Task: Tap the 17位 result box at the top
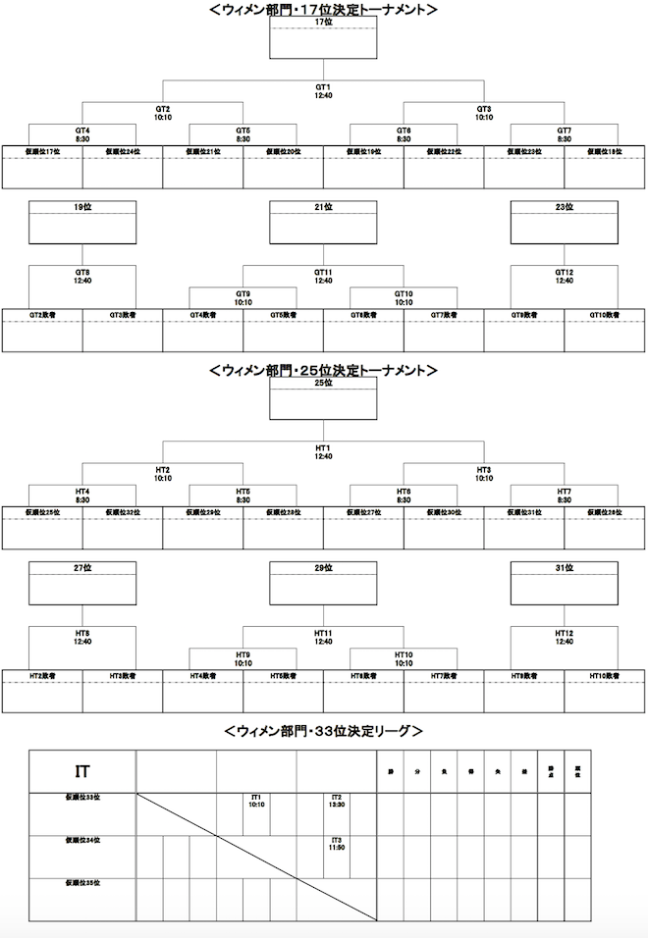click(323, 37)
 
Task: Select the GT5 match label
click(243, 134)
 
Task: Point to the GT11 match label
click(323, 277)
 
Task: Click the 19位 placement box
click(81, 222)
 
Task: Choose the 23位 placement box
click(564, 222)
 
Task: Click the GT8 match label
click(81, 277)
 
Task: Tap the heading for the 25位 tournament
click(323, 371)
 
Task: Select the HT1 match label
click(323, 451)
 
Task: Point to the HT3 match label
click(483, 474)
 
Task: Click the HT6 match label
click(403, 495)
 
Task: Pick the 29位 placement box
click(323, 583)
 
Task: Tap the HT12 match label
click(564, 638)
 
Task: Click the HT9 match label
click(243, 658)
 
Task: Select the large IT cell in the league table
click(82, 772)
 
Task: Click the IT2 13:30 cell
click(336, 802)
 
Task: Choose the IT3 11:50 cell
click(336, 845)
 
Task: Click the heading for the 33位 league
click(323, 731)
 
